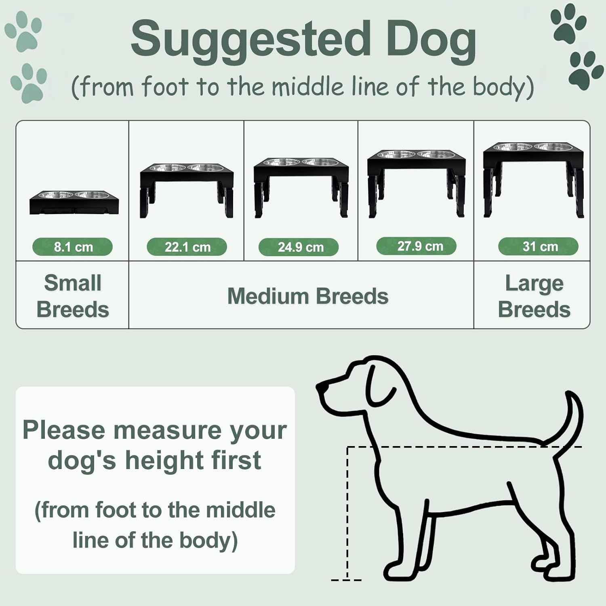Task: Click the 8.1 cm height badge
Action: [72, 247]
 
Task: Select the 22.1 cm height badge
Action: [187, 247]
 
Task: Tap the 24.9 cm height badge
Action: [299, 247]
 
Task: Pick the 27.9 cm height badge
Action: [416, 246]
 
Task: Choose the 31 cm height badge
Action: [538, 246]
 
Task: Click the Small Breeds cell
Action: [72, 295]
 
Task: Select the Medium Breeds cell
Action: [301, 295]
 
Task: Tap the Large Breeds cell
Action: [532, 295]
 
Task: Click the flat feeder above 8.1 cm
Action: [74, 202]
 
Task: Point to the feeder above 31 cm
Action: [534, 180]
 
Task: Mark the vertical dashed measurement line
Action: [347, 513]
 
